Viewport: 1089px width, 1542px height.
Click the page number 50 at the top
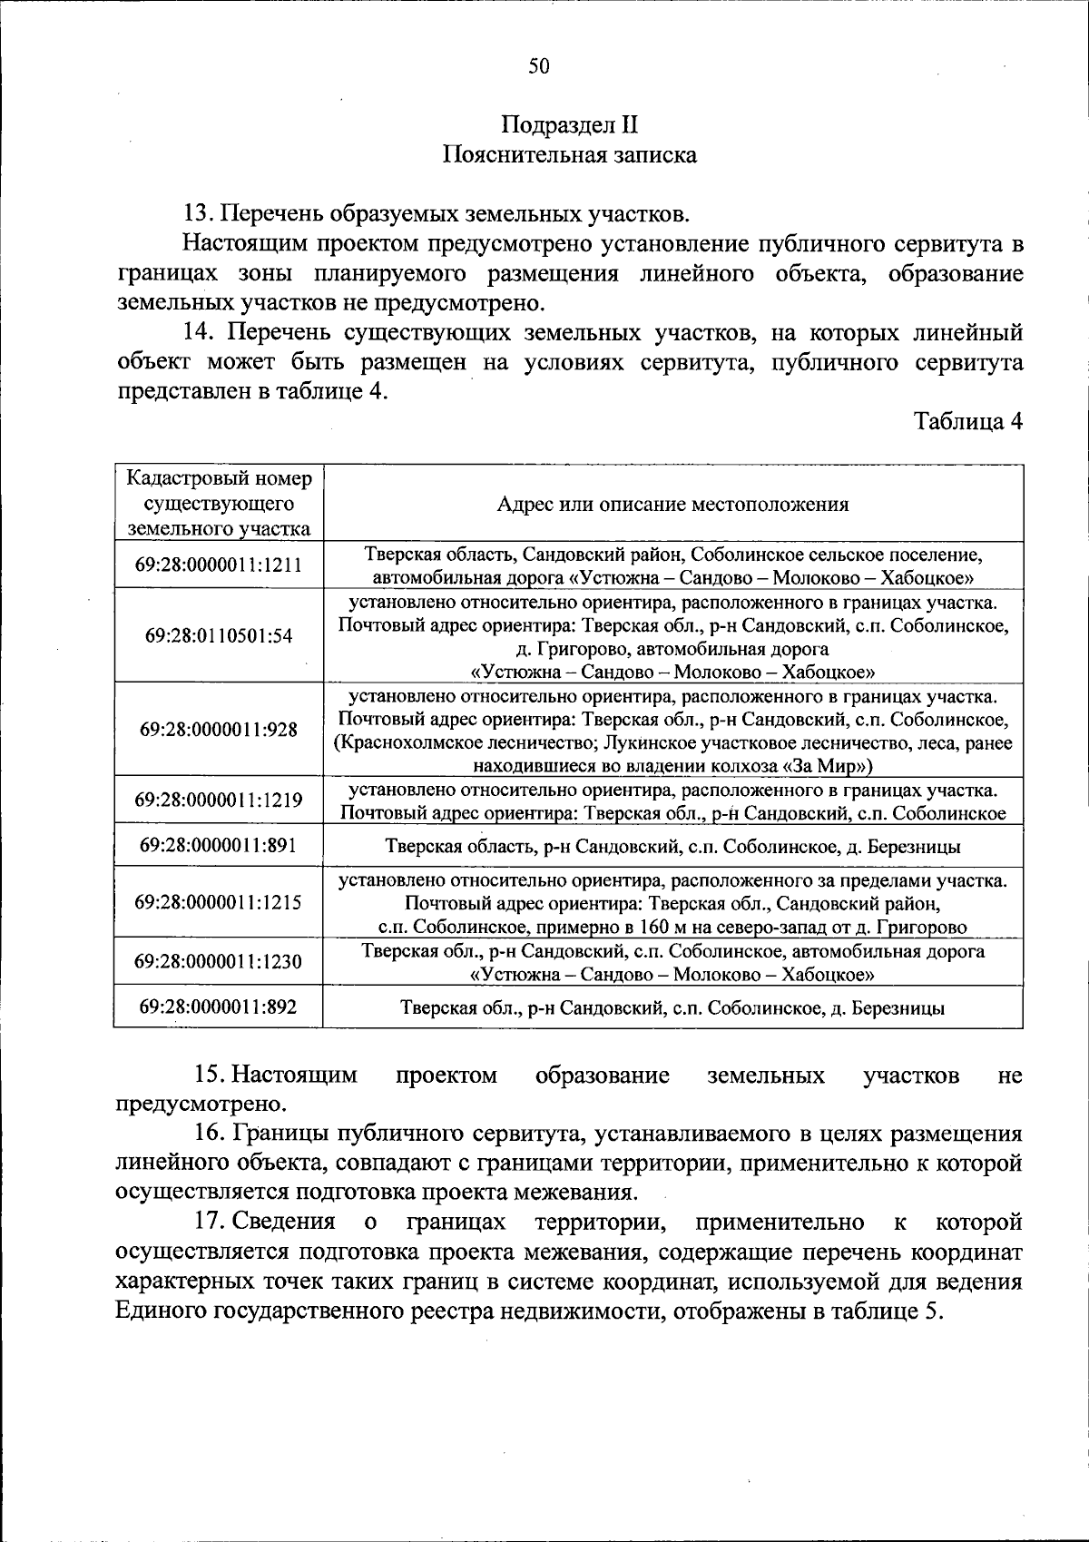(x=539, y=66)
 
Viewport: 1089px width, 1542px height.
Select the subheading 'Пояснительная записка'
(x=569, y=154)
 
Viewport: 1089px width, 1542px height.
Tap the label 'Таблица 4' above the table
(x=968, y=421)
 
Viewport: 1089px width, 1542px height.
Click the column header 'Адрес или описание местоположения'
(x=672, y=505)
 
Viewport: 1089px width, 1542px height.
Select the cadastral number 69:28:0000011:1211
(x=219, y=565)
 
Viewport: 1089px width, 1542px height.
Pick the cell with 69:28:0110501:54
(x=219, y=635)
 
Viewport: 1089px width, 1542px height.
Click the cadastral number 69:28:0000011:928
(x=219, y=729)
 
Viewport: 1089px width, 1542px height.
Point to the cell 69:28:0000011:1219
(x=219, y=800)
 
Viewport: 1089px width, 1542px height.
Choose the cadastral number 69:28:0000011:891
(x=219, y=845)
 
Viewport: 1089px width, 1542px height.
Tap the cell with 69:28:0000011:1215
(x=219, y=902)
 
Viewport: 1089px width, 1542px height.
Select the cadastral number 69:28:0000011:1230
(x=219, y=961)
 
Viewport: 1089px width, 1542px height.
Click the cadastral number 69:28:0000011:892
(x=219, y=1007)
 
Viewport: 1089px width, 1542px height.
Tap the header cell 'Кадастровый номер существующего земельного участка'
(x=219, y=504)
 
